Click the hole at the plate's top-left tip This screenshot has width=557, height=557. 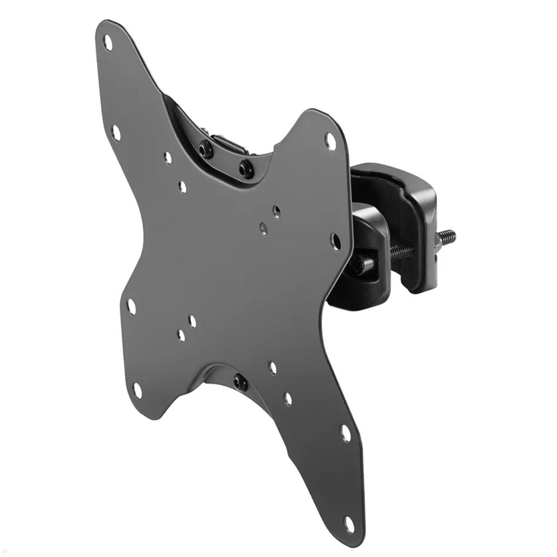point(108,43)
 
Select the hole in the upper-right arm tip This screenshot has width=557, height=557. point(330,141)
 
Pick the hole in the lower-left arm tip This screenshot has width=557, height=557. point(138,390)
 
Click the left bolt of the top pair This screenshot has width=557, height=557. point(205,149)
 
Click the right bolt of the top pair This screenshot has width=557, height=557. point(246,168)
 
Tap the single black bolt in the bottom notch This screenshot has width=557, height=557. point(240,382)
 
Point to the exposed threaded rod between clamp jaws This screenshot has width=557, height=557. point(402,251)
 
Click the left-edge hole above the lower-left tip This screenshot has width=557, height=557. point(132,307)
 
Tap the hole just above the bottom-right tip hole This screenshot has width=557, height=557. point(346,433)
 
